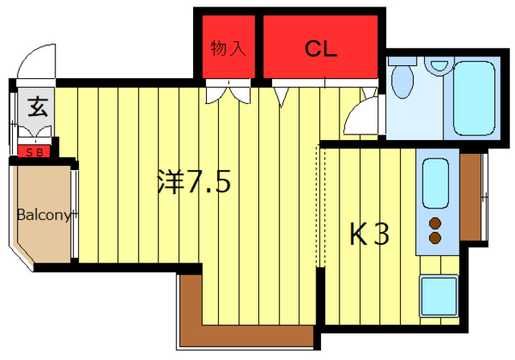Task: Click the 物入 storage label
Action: (228, 48)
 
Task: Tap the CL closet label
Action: (320, 48)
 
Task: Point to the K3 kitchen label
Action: (369, 234)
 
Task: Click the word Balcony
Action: (44, 215)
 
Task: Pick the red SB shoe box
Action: (35, 151)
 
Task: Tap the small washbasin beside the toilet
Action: (439, 65)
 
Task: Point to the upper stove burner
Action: (436, 223)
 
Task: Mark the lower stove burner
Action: (436, 238)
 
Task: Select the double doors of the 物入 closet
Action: (228, 92)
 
